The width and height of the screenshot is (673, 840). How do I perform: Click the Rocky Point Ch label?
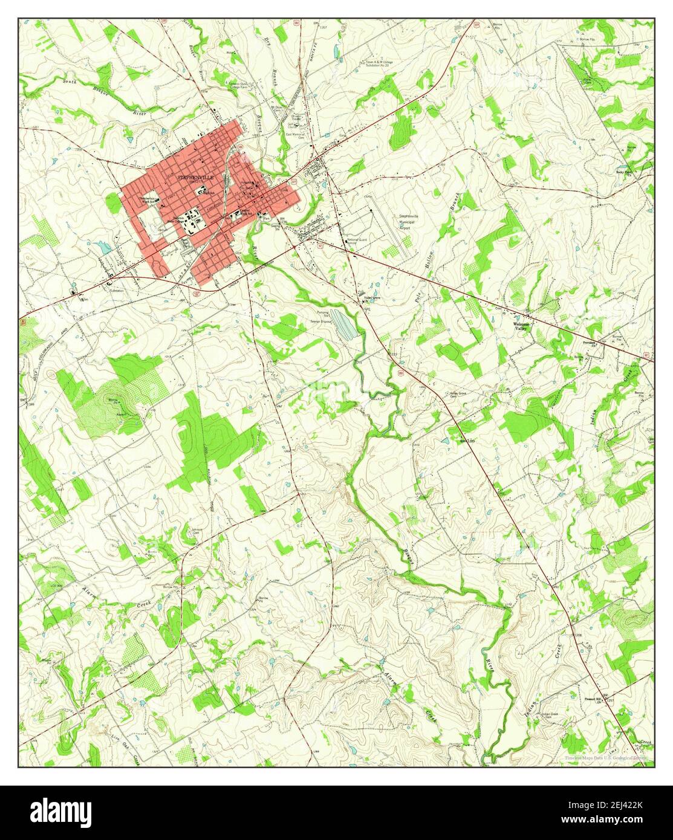(x=624, y=172)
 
